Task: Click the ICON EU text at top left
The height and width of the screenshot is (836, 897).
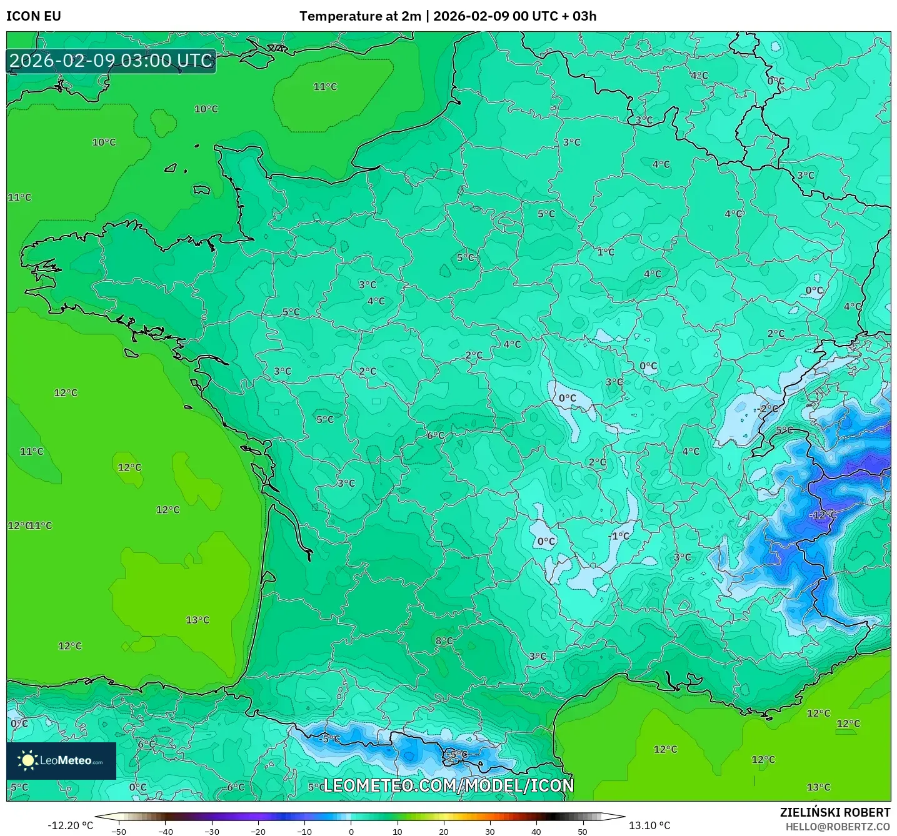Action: [x=34, y=16]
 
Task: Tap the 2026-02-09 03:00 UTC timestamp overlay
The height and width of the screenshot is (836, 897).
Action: [x=111, y=61]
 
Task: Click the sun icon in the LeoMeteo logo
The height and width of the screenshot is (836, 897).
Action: [x=28, y=760]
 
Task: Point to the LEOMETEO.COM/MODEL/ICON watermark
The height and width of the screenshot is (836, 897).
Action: [x=448, y=785]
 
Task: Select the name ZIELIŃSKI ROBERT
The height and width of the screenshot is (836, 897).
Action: [x=834, y=812]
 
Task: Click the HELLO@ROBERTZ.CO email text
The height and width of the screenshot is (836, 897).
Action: [x=837, y=827]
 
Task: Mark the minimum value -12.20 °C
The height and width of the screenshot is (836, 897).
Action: [x=70, y=825]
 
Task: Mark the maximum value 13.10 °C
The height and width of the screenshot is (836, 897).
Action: [x=649, y=825]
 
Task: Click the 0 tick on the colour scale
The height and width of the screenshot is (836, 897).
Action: [x=351, y=831]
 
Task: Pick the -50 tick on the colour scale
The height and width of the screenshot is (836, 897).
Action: [x=119, y=831]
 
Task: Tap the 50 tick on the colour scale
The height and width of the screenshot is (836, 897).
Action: [x=583, y=831]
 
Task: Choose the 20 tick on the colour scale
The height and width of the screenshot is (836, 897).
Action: [x=444, y=831]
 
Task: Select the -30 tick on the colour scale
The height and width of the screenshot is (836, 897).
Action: [x=212, y=831]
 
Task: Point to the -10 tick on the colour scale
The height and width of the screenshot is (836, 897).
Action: [x=304, y=831]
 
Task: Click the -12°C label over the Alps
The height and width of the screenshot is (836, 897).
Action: [x=823, y=515]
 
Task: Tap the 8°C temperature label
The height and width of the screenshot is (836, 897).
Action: [x=444, y=641]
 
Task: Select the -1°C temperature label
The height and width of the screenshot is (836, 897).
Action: [x=619, y=536]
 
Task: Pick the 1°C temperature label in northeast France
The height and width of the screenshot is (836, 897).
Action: [x=606, y=252]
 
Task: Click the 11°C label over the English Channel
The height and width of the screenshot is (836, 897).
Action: [x=325, y=87]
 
